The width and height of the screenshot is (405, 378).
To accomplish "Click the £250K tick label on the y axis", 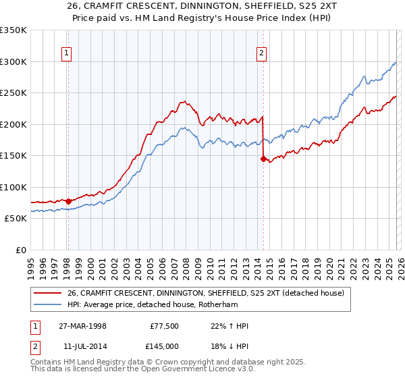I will [13, 93].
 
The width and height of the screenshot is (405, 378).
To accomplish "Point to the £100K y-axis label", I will [13, 187].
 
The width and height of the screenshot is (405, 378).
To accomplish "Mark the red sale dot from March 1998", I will [69, 201].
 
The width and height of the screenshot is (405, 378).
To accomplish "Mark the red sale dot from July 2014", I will [263, 159].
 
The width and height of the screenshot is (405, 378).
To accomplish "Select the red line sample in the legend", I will [47, 293].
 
